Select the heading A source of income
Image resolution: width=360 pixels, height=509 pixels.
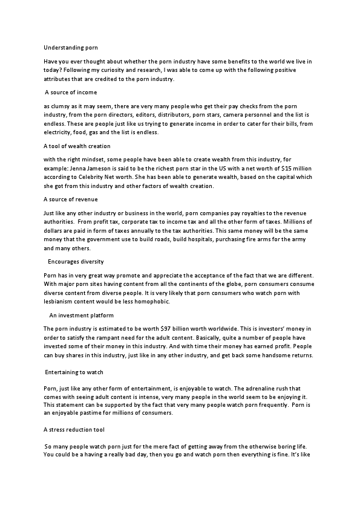click(x=71, y=92)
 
